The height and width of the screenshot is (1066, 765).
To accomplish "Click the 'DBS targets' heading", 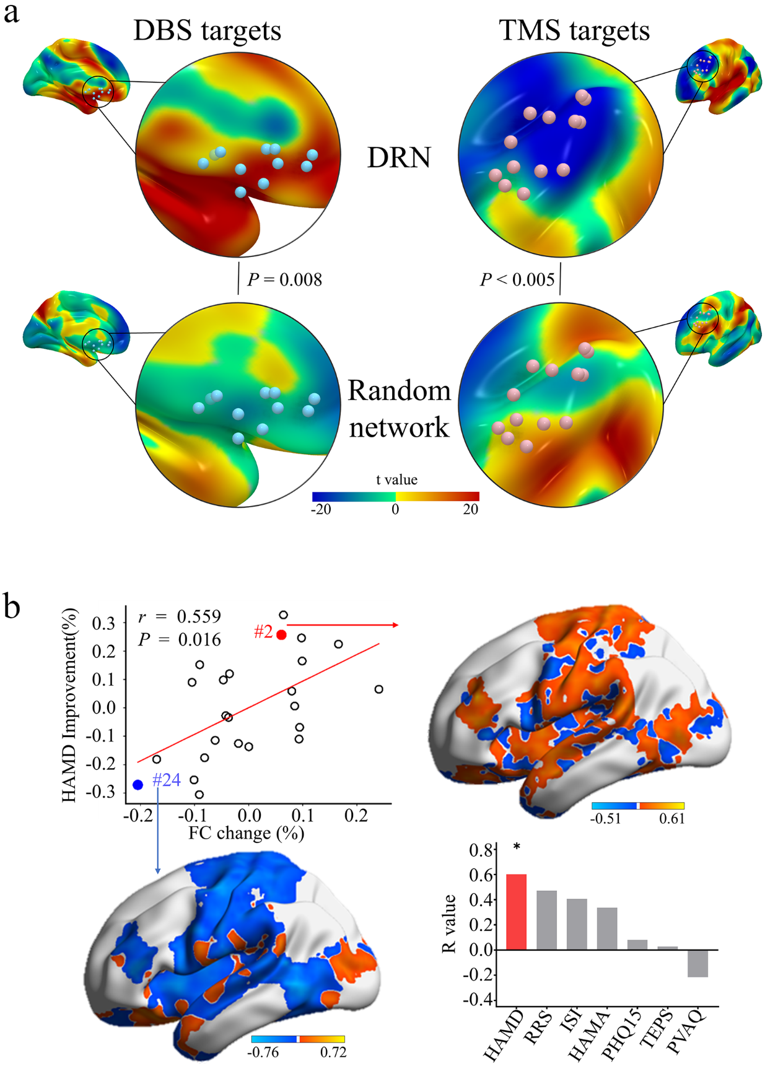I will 207,30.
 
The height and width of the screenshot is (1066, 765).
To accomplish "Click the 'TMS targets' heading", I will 574,30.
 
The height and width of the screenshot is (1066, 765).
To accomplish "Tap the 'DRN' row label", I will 398,158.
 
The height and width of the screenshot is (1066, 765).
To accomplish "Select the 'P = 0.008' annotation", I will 284,280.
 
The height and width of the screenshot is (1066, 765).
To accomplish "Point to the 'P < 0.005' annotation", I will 517,280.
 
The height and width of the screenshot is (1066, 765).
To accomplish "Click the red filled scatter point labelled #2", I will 281,634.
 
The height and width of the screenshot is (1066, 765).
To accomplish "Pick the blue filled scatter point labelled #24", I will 138,785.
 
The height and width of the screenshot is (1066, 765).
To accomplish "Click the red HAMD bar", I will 516,912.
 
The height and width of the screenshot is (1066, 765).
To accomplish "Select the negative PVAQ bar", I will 697,963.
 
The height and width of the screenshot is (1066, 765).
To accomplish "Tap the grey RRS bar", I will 546,920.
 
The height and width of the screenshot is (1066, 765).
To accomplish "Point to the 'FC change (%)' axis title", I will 246,833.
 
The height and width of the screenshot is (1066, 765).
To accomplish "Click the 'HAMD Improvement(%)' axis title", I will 69,706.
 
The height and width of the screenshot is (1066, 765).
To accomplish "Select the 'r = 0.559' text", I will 179,617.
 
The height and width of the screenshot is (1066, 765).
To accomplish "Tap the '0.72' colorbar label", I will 333,1052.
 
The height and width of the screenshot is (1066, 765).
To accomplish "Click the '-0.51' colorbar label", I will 605,819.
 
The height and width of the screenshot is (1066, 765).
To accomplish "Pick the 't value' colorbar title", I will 396,479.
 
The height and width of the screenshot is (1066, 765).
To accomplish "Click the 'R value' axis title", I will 449,924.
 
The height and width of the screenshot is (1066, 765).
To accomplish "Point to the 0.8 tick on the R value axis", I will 481,850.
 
